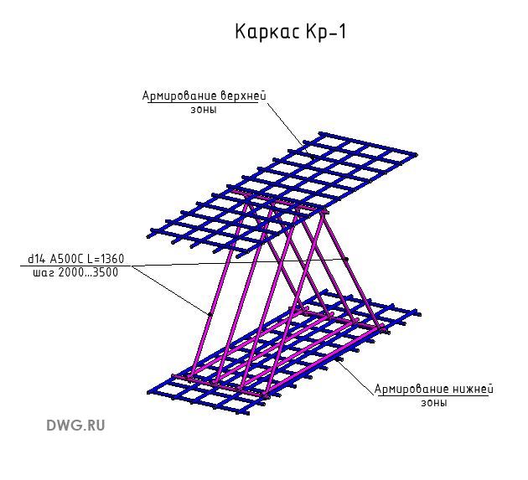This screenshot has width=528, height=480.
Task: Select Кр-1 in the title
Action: (x=326, y=32)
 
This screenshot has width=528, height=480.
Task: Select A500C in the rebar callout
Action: (x=66, y=259)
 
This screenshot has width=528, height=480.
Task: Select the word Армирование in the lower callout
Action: (x=411, y=389)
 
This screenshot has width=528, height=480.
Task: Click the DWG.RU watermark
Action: (x=75, y=426)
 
